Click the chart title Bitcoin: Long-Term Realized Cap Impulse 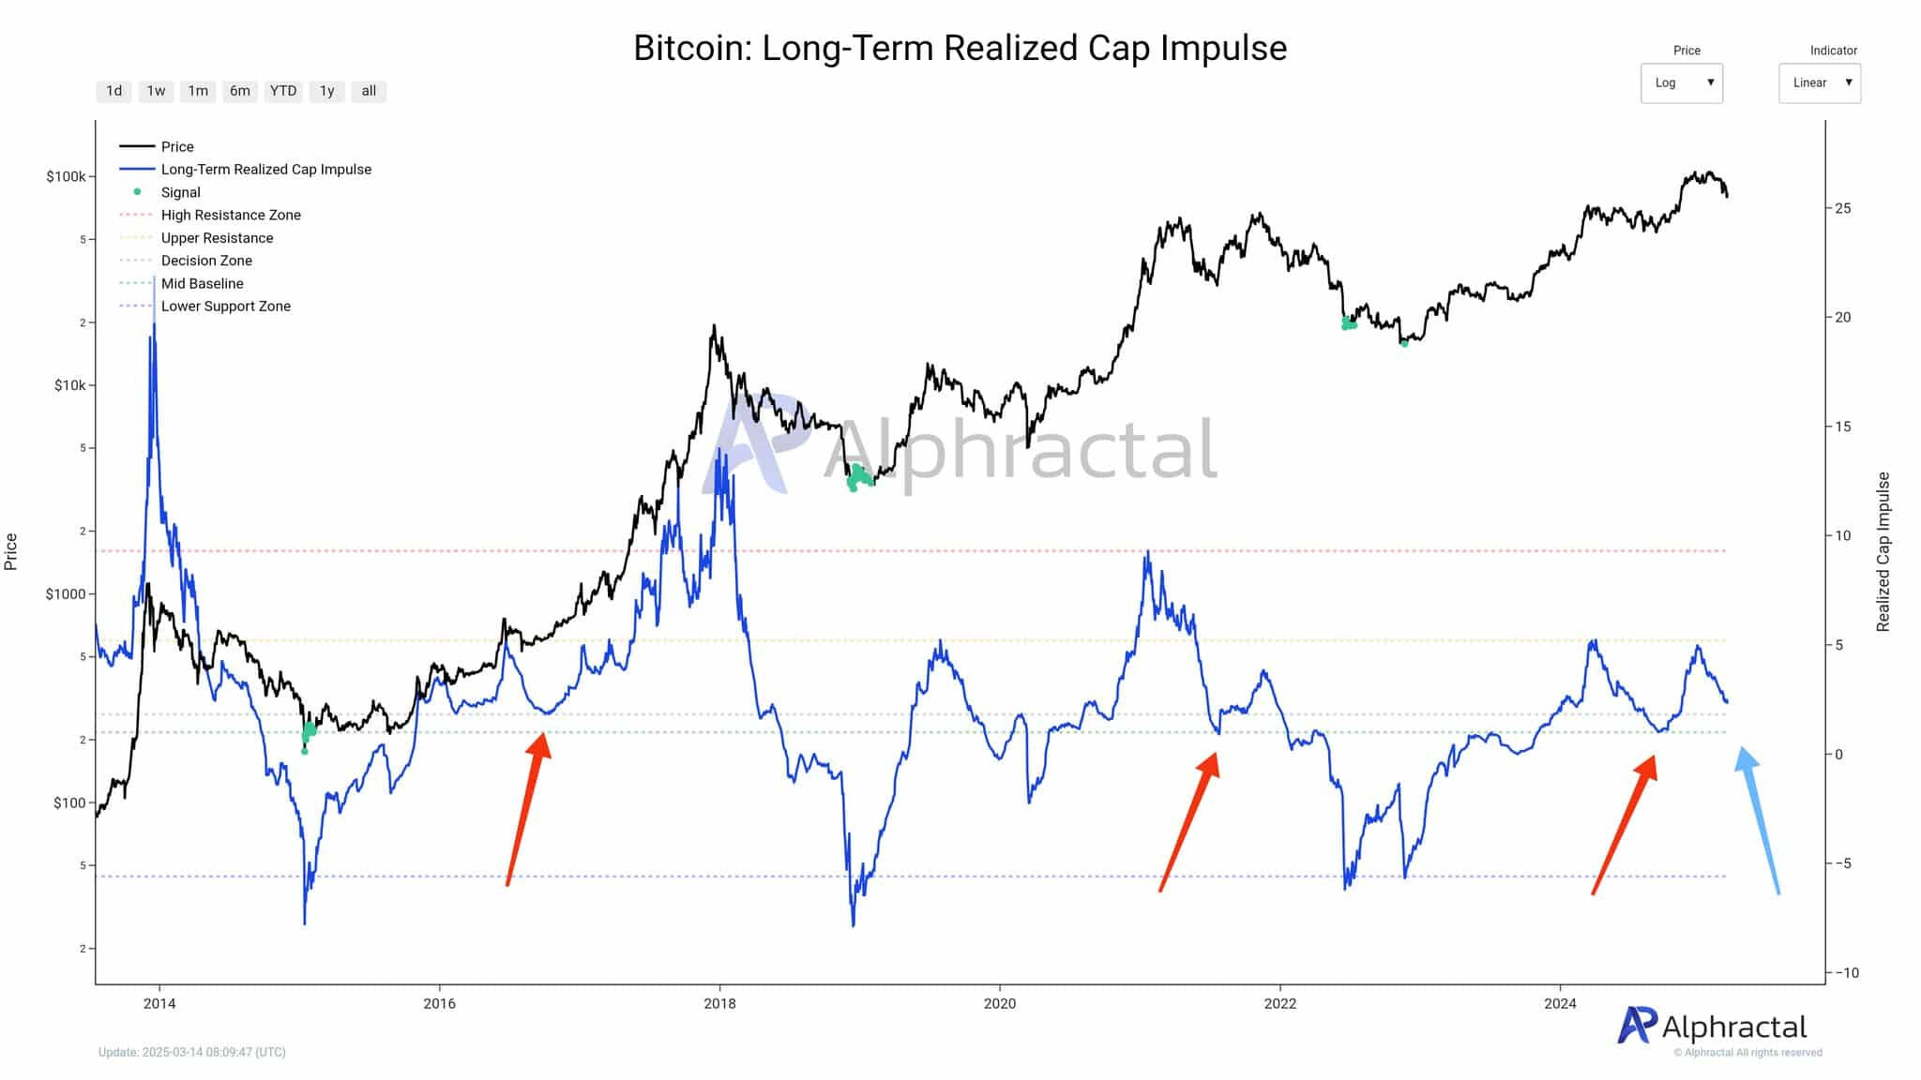[x=960, y=48]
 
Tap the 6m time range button [x=240, y=91]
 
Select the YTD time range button [x=282, y=91]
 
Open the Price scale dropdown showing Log [x=1681, y=82]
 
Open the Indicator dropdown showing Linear [x=1819, y=82]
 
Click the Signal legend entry [x=180, y=192]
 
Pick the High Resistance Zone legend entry [x=231, y=215]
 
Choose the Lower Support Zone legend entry [x=225, y=306]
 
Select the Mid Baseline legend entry [x=202, y=283]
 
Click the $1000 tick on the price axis [x=66, y=594]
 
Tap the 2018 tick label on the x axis [x=719, y=1004]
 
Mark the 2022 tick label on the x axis [x=1279, y=1004]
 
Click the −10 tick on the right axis [x=1844, y=973]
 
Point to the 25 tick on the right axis [x=1843, y=208]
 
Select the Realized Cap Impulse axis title [x=1883, y=551]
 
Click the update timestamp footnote [x=192, y=1052]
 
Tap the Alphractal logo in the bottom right [x=1713, y=1027]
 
